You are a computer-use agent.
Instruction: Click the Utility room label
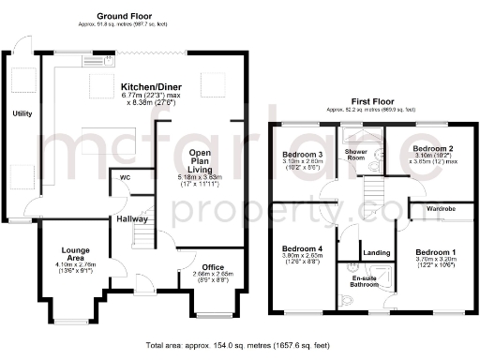22,113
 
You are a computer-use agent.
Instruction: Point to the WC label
123,176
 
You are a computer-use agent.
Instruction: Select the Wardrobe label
441,208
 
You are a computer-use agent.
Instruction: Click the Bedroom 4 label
301,249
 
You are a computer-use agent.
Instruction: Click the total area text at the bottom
241,346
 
